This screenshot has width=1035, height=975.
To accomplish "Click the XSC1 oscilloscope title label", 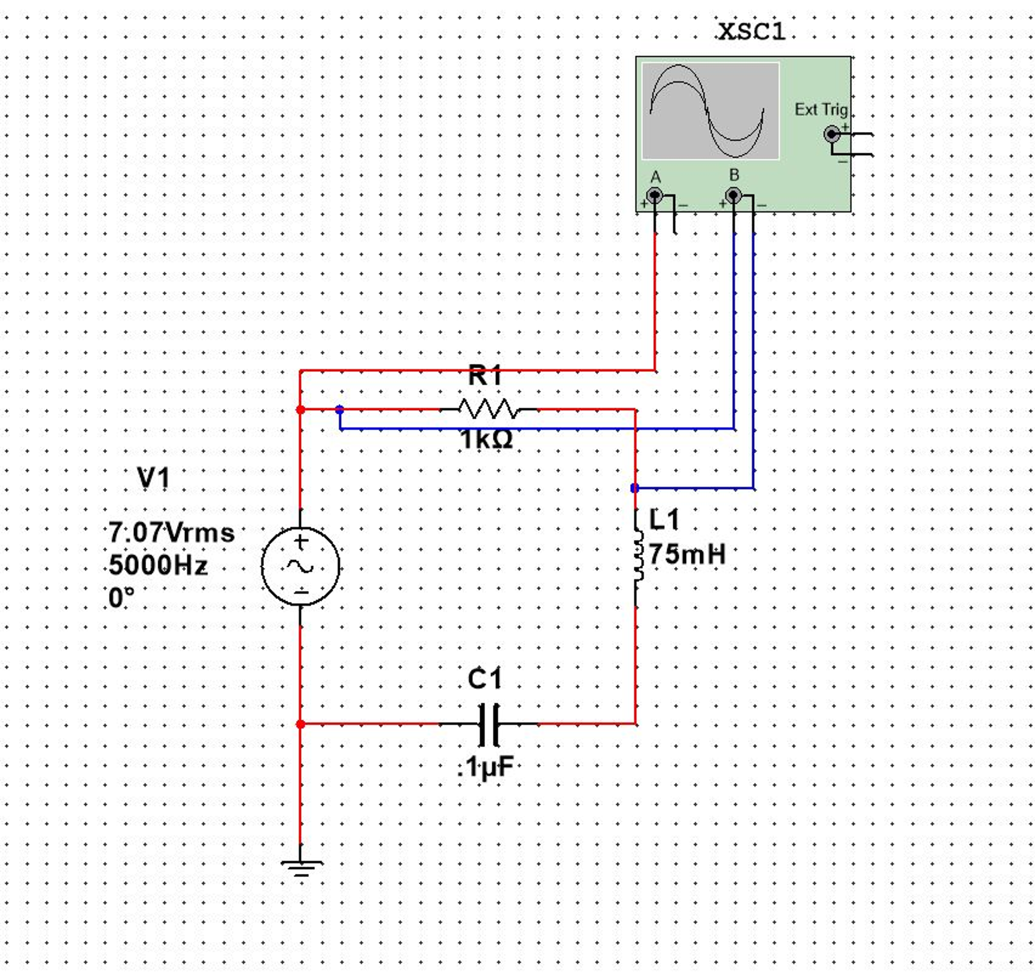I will [751, 32].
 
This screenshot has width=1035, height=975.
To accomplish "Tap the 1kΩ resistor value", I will [486, 440].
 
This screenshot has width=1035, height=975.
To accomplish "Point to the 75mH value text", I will [687, 554].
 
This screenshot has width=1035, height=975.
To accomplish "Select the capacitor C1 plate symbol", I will [488, 724].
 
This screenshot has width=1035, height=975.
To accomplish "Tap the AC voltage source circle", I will [300, 566].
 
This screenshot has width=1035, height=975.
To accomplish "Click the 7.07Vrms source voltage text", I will [171, 533].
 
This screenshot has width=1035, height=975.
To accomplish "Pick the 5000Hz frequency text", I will [158, 565].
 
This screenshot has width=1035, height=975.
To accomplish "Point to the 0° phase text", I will [121, 598].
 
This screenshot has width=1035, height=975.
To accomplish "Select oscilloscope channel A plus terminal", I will [655, 196].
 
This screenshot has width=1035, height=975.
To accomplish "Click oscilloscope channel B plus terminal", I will [733, 196].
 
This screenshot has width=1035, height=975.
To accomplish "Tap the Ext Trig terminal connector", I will [832, 135].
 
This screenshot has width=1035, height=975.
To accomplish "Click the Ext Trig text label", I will [821, 110].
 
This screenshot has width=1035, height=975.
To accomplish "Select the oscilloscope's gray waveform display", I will [710, 111].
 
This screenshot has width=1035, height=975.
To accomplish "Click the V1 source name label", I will [154, 478].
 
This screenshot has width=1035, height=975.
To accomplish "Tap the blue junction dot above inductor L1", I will [634, 489].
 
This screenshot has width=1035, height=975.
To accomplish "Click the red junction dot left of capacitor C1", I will [300, 724].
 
